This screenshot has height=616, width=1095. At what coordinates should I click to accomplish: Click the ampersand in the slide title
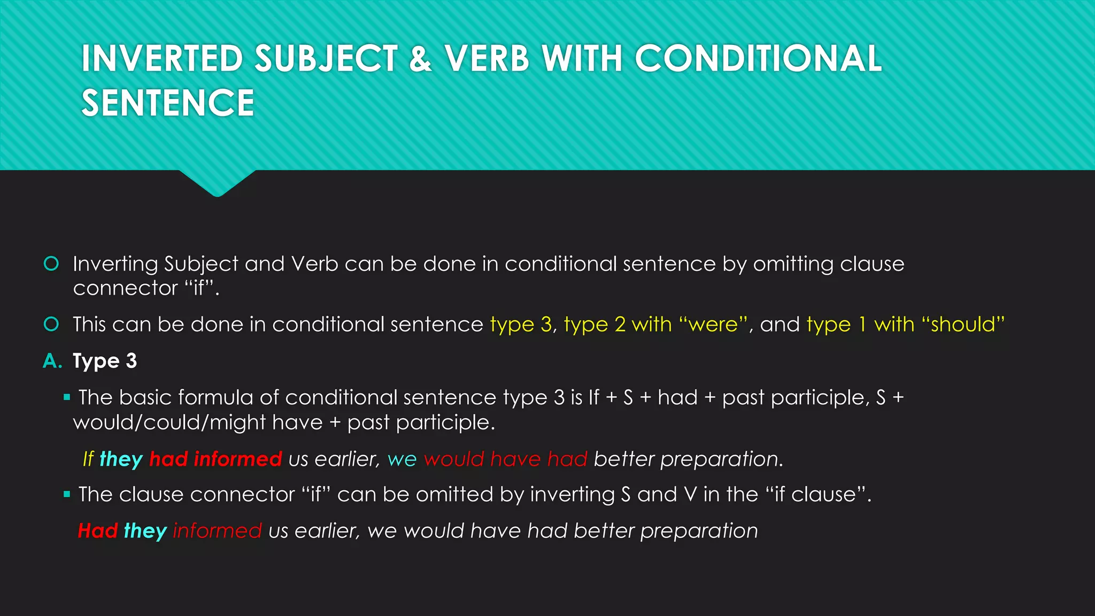[420, 59]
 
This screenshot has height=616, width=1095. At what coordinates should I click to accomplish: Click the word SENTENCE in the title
[168, 103]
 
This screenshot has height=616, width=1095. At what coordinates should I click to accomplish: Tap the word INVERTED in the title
[162, 59]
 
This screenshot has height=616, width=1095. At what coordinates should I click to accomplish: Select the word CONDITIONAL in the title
[758, 59]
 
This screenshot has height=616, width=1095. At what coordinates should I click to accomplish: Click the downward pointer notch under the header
[217, 184]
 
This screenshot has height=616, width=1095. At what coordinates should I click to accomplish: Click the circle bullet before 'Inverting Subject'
[51, 264]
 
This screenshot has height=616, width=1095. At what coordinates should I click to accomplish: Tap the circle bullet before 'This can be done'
[51, 324]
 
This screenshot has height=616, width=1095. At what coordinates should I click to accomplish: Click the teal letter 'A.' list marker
[52, 361]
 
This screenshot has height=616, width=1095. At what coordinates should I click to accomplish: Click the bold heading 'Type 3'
[105, 361]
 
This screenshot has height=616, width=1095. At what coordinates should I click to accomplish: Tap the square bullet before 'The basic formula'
[67, 397]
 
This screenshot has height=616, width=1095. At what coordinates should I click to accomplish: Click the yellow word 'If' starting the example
[88, 459]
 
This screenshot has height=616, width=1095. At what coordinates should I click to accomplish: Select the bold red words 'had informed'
[215, 459]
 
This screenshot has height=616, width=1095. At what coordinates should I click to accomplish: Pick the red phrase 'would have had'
[505, 459]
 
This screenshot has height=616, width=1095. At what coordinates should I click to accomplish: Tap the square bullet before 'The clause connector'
[67, 495]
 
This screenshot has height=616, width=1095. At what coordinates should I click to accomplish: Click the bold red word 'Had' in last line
[97, 531]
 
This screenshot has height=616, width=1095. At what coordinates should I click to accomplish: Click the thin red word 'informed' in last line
[217, 531]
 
